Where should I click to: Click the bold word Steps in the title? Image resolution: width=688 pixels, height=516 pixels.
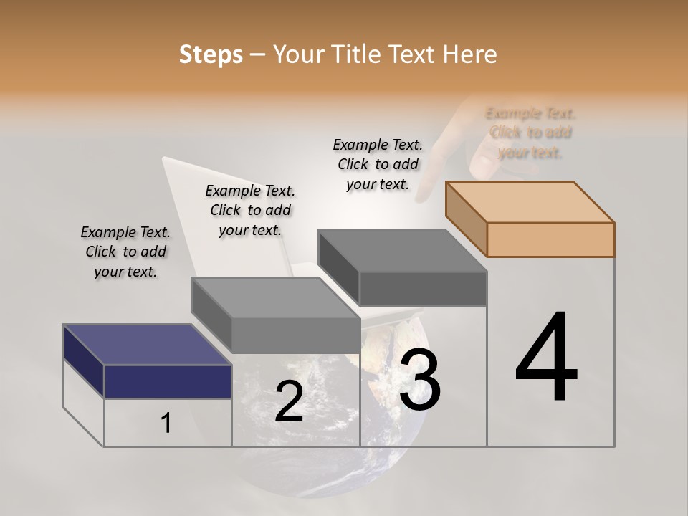(211, 54)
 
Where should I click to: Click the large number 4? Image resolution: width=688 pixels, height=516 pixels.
(546, 358)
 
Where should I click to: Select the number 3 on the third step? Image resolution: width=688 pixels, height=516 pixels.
(420, 380)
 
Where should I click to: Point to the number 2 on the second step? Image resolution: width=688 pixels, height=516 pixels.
(289, 401)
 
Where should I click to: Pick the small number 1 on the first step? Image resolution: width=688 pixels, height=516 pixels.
(166, 424)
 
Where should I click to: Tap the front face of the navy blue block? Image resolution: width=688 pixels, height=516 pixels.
(168, 381)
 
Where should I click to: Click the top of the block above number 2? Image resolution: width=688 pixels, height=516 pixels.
(275, 297)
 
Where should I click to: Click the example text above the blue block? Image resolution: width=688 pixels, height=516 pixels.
(125, 252)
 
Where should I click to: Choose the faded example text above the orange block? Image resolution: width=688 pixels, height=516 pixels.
(530, 133)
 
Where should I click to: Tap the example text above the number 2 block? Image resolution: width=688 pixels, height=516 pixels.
(250, 210)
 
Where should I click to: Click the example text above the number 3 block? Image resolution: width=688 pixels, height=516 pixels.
(378, 164)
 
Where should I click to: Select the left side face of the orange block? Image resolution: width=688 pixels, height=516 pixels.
(466, 218)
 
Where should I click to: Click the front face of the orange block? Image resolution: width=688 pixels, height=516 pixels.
(550, 239)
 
